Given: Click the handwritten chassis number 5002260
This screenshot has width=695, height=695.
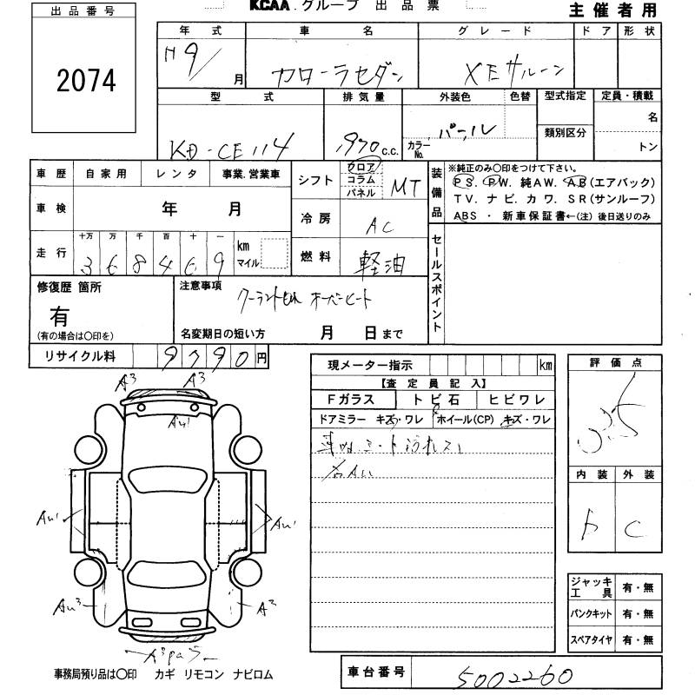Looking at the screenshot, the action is coord(512,674).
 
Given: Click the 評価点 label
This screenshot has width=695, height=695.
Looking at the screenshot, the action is coord(613,362).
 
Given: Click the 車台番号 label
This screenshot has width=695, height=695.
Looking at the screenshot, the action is coord(375,672).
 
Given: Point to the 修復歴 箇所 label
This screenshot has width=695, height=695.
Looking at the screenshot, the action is coord(69,286).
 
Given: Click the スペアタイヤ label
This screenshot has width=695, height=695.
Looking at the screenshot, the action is coord(592,640).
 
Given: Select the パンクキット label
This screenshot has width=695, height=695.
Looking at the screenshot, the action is coord(592,613).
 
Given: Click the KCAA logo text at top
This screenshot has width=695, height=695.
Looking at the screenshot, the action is coord(270,6).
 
